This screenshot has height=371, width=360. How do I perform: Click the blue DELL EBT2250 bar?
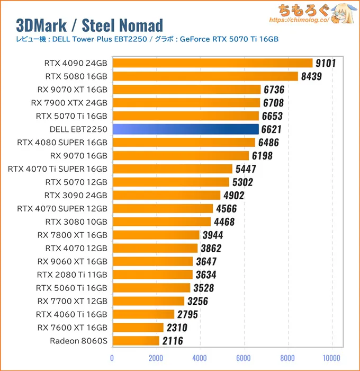185,129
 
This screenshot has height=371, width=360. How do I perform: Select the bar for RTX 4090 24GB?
212,63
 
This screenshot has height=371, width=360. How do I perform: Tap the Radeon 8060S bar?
136,340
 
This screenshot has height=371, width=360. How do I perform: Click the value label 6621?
273,129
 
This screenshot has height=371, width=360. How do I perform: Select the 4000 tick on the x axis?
200,357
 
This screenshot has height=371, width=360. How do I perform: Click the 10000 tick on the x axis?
331,357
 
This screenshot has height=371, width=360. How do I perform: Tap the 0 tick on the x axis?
112,357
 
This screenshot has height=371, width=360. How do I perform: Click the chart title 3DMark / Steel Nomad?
89,25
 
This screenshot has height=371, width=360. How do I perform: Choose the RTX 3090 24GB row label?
76,195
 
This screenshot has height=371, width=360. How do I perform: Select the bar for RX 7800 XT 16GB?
156,235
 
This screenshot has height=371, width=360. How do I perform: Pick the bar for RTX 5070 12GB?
170,182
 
